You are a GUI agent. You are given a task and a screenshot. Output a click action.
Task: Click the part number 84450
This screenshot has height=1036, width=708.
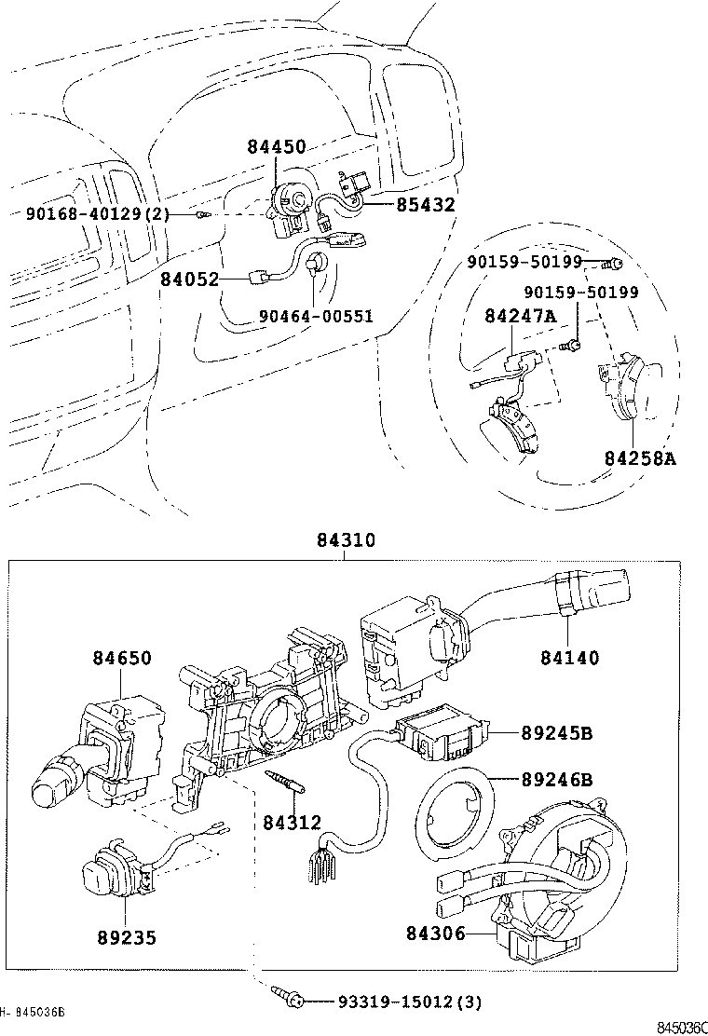[x=277, y=145]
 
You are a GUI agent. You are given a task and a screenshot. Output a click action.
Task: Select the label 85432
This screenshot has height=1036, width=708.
[x=426, y=205]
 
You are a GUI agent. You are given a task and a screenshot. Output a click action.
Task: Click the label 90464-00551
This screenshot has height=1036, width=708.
[x=316, y=316]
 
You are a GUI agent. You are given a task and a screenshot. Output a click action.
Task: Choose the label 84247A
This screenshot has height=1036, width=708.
[x=519, y=317]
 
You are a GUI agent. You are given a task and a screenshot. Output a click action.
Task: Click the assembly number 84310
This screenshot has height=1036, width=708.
[x=345, y=540]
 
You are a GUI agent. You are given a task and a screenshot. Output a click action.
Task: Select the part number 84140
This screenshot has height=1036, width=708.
[x=569, y=658]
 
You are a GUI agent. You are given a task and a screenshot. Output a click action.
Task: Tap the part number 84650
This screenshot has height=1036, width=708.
[x=121, y=658]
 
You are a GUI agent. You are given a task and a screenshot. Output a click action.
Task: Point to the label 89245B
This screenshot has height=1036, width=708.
[x=556, y=733]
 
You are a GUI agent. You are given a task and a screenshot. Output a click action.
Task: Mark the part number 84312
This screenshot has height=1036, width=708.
[x=292, y=822]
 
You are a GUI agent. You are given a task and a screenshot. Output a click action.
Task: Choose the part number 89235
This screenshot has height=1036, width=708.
[x=127, y=938]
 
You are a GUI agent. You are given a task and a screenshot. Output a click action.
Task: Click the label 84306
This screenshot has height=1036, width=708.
[x=436, y=933]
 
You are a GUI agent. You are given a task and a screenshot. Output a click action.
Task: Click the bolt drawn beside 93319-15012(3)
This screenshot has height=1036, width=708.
[x=287, y=1000]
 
